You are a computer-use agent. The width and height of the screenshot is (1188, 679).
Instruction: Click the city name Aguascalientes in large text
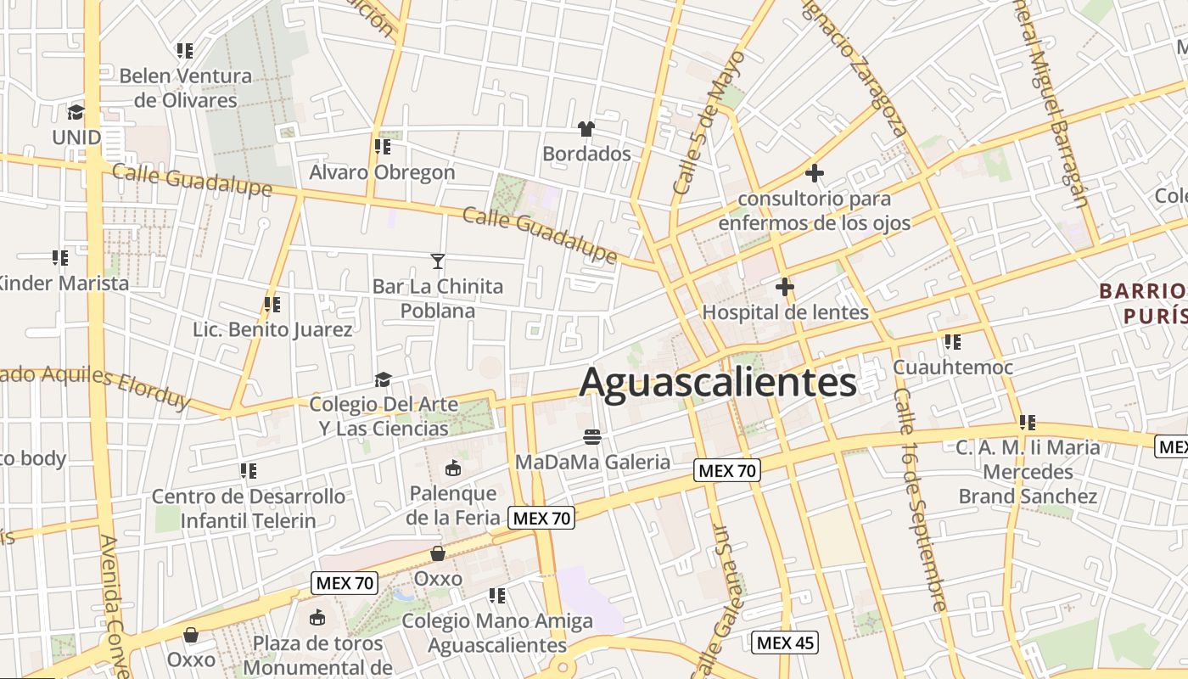pyautogui.click(x=717, y=382)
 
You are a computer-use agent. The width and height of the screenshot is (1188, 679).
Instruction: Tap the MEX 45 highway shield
pyautogui.click(x=785, y=643)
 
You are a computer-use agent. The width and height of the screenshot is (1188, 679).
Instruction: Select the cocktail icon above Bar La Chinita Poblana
pyautogui.click(x=438, y=261)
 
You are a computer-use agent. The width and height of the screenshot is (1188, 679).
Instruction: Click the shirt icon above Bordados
pyautogui.click(x=586, y=129)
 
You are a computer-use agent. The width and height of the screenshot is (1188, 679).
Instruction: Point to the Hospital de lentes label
pyautogui.click(x=785, y=312)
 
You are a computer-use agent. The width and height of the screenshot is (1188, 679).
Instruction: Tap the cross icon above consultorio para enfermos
pyautogui.click(x=815, y=173)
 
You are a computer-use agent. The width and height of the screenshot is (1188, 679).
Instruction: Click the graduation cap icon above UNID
pyautogui.click(x=76, y=112)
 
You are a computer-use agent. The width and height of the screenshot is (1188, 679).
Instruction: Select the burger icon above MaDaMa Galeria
pyautogui.click(x=592, y=437)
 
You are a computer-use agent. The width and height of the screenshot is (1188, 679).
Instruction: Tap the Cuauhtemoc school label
pyautogui.click(x=952, y=368)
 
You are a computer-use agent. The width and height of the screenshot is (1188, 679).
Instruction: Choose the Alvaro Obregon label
pyautogui.click(x=382, y=172)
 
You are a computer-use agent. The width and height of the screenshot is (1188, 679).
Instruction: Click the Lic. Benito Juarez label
pyautogui.click(x=272, y=329)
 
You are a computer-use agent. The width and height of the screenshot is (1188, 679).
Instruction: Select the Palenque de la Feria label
pyautogui.click(x=452, y=505)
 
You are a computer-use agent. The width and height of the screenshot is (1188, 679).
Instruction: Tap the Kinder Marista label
pyautogui.click(x=64, y=283)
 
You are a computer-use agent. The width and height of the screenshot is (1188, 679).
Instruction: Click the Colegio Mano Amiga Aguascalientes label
pyautogui.click(x=496, y=632)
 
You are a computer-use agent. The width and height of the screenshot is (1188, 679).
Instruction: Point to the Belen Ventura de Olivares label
pyautogui.click(x=186, y=87)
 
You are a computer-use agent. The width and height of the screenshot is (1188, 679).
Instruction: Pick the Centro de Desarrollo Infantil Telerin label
pyautogui.click(x=248, y=508)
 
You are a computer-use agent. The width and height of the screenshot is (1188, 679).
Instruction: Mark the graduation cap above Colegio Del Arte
pyautogui.click(x=384, y=379)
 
